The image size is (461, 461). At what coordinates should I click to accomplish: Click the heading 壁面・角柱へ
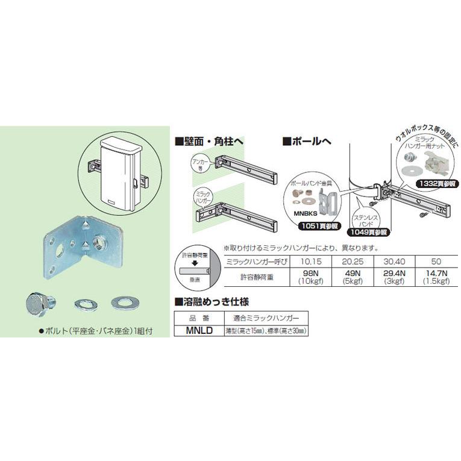209,142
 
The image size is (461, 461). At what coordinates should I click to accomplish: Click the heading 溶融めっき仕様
212,302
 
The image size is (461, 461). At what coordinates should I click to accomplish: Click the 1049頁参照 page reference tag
367,230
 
